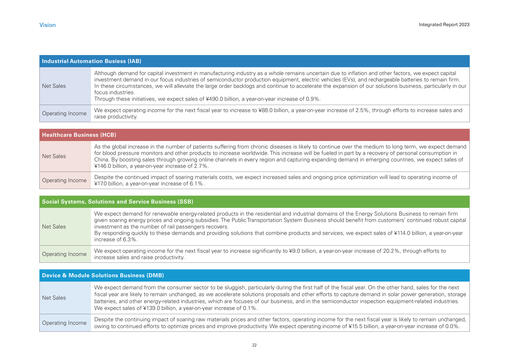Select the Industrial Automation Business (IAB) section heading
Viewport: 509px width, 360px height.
(x=91, y=62)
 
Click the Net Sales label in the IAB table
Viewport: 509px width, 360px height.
(x=53, y=86)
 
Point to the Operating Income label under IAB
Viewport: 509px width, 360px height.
(x=62, y=113)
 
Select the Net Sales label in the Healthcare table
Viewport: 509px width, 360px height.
(x=53, y=156)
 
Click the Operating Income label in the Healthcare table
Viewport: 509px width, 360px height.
(x=62, y=181)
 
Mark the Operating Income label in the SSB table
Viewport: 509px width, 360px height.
(x=62, y=254)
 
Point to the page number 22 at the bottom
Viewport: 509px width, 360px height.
(x=254, y=344)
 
